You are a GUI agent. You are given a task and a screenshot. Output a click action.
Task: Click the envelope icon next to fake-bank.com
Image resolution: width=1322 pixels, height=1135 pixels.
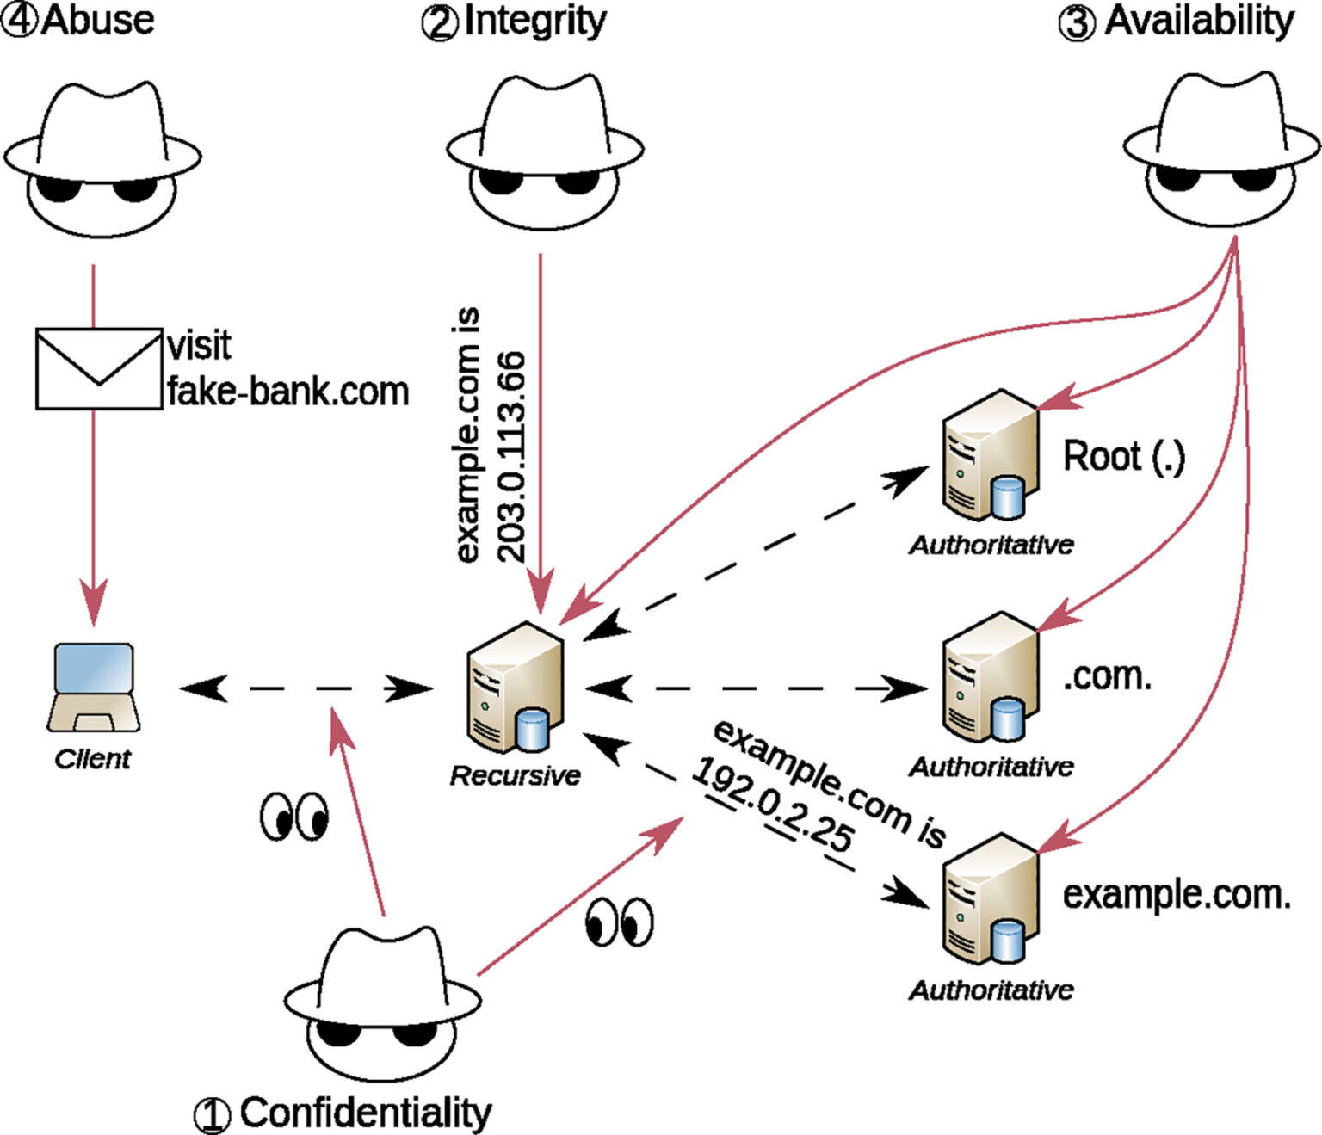tap(98, 368)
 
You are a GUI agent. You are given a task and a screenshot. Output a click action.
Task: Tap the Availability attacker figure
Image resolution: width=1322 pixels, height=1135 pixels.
tap(1221, 150)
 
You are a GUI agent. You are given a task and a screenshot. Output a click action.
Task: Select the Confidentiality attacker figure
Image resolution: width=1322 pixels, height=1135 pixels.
tap(383, 1002)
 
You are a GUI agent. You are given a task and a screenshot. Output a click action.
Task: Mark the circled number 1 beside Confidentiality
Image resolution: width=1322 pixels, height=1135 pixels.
tap(212, 1115)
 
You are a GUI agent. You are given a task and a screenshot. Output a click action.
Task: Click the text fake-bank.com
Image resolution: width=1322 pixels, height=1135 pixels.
tap(287, 392)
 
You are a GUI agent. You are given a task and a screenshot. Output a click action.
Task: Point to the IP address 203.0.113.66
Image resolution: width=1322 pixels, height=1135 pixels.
tap(511, 456)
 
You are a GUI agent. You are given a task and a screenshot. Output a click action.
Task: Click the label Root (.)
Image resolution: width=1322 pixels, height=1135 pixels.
tap(1123, 456)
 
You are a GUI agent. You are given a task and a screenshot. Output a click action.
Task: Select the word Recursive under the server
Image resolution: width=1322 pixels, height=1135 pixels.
tap(515, 776)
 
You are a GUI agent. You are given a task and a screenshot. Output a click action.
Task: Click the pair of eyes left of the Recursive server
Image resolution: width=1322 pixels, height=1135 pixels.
tap(293, 816)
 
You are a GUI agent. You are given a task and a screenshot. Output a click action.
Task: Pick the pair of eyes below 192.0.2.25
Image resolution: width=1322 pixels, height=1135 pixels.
tap(619, 922)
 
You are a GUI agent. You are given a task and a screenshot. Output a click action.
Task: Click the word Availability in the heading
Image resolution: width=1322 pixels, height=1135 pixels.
tap(1199, 22)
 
